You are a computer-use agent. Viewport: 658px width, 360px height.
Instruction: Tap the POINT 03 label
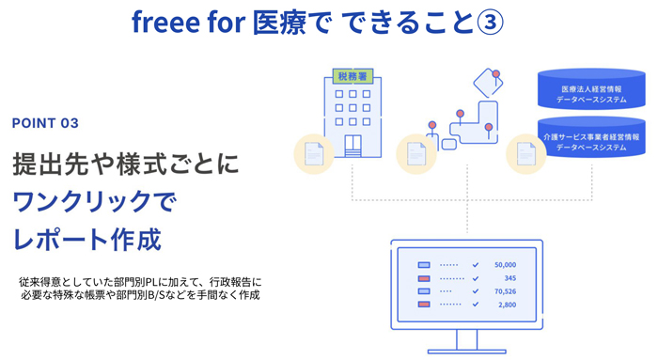[45, 123]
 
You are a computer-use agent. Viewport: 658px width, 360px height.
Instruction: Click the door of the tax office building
[352, 147]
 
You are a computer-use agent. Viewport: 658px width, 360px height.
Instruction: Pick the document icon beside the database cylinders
[525, 154]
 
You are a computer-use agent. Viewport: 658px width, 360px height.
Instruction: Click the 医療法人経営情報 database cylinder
[591, 91]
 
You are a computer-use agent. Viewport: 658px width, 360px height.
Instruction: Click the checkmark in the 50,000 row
[476, 265]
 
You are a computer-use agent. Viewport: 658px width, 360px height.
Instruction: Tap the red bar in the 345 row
[423, 278]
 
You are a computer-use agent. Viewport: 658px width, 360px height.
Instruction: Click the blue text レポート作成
[86, 237]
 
